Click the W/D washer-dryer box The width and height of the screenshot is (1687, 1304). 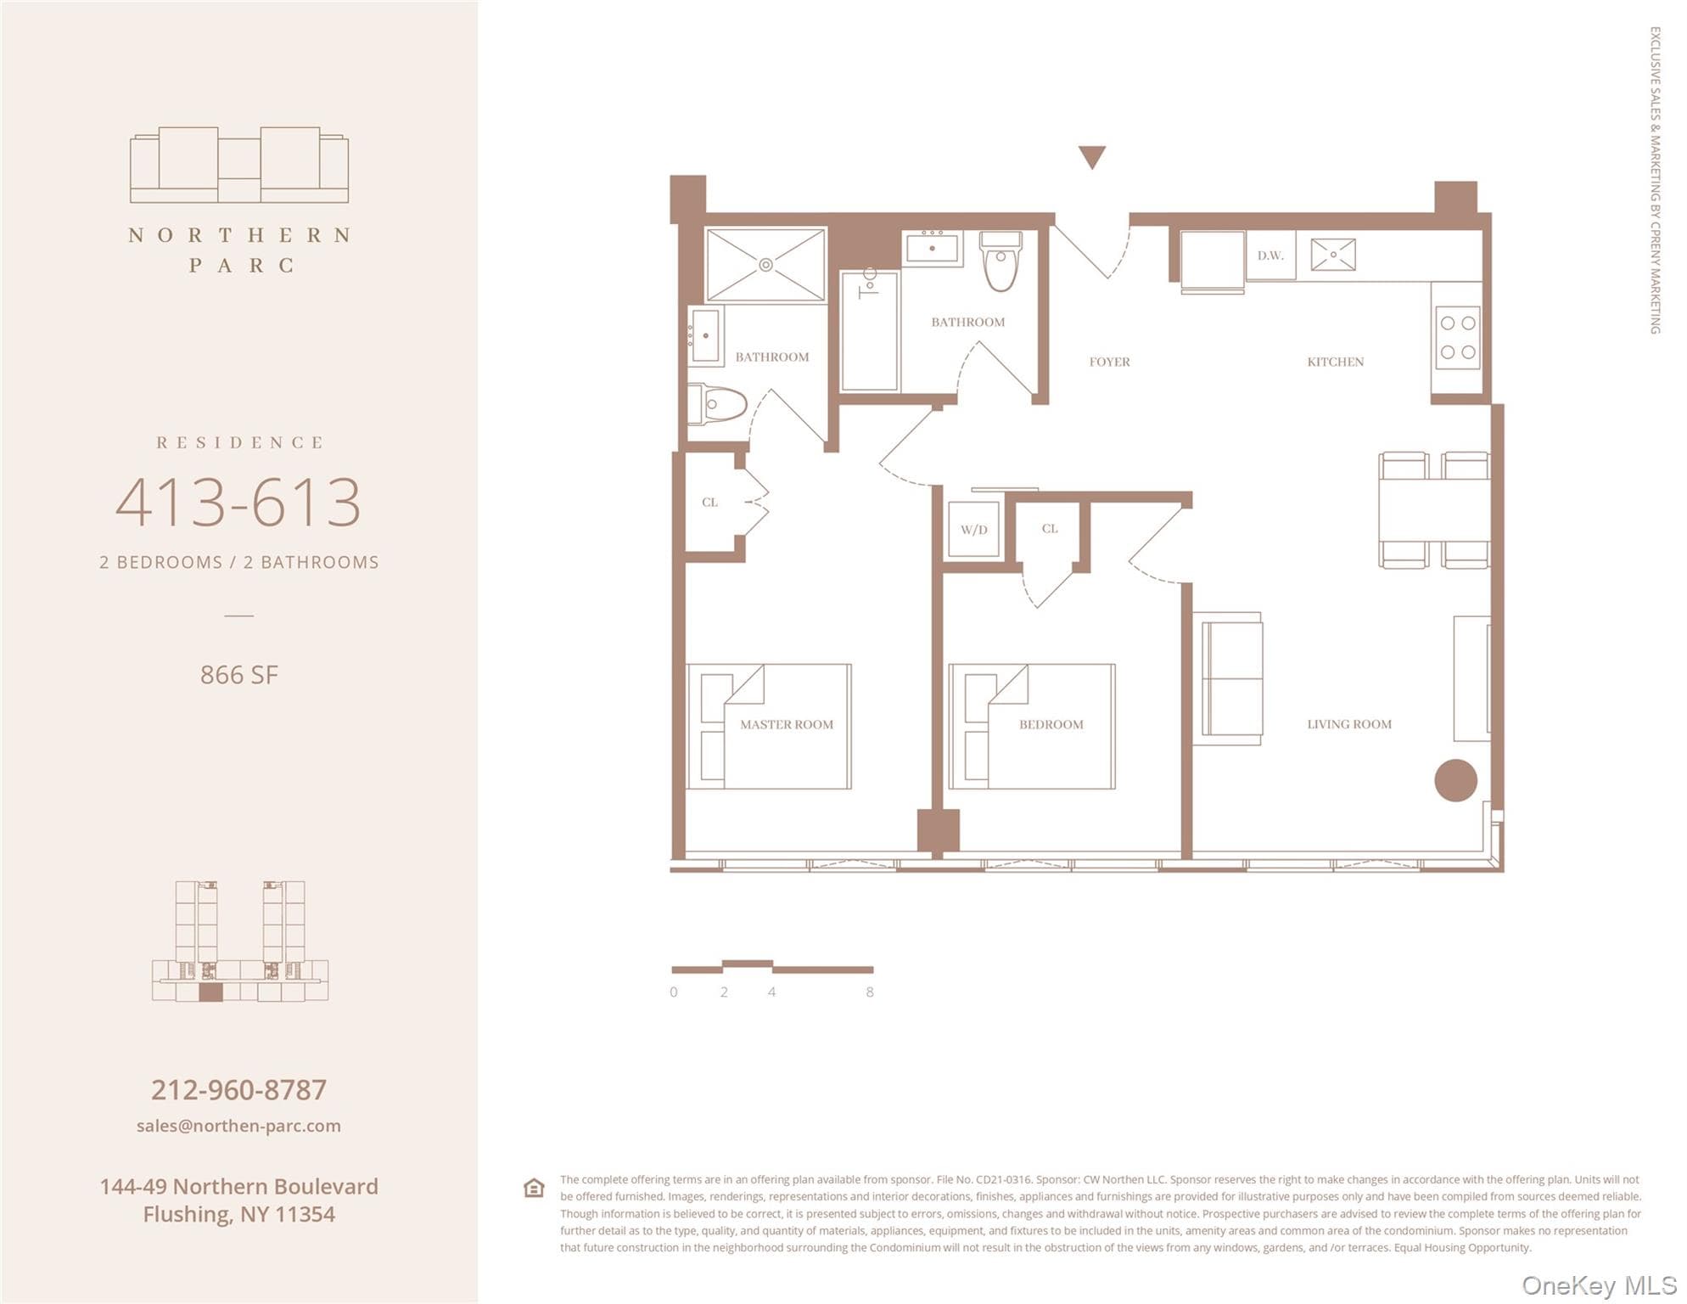(x=973, y=529)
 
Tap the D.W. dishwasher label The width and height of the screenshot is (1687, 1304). (x=1270, y=256)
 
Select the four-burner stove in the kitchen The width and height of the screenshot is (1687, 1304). (x=1457, y=337)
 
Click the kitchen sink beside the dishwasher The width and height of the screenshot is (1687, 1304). (x=1332, y=255)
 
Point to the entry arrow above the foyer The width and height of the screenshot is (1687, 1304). (x=1091, y=157)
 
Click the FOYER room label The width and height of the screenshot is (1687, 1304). (x=1109, y=362)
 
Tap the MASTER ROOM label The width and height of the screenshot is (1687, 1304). (x=786, y=724)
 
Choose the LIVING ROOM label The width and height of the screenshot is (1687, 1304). (x=1348, y=724)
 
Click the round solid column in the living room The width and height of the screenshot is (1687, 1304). (x=1455, y=780)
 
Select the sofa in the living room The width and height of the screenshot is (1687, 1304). (x=1228, y=678)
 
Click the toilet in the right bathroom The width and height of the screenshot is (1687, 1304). (x=1001, y=261)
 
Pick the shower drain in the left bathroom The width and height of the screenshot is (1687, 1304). (x=765, y=265)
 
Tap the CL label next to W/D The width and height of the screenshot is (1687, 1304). (x=1050, y=528)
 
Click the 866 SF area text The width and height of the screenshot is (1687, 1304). (x=239, y=675)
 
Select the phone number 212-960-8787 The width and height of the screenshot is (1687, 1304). (x=239, y=1089)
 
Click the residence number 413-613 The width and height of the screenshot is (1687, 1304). (x=238, y=502)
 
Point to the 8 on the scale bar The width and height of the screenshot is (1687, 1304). (x=870, y=992)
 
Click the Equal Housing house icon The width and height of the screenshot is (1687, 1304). (x=534, y=1188)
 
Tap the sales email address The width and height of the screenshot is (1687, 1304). (x=238, y=1126)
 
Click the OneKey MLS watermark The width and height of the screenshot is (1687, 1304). (x=1599, y=1285)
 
